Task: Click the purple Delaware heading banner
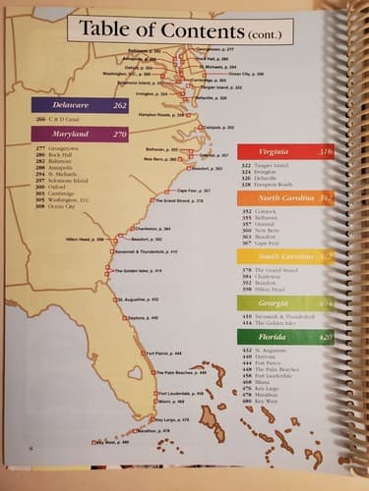click(80, 104)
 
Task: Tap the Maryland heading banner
click(80, 133)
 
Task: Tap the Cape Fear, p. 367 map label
click(194, 191)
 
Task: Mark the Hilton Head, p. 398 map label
click(85, 239)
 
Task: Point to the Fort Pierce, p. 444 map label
click(162, 352)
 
